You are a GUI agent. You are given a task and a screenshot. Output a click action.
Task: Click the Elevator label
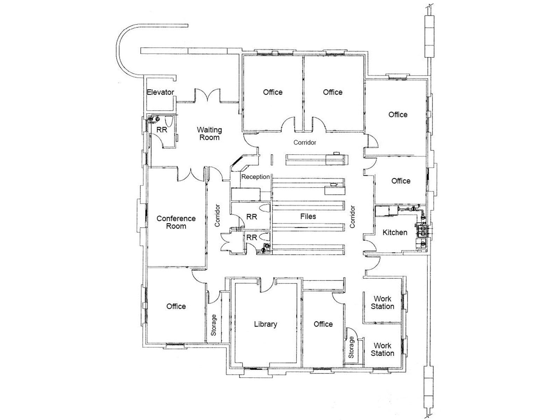[x=160, y=92]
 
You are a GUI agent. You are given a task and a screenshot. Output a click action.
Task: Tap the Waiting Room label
[x=209, y=134]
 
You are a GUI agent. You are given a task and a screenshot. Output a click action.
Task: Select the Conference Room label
[x=176, y=222]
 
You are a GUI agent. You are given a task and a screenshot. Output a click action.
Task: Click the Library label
[x=265, y=324]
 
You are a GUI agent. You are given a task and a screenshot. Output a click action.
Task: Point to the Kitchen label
[x=395, y=232]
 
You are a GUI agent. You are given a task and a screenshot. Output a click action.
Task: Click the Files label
[x=308, y=217]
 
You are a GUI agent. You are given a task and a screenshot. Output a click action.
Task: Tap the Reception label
[x=255, y=177]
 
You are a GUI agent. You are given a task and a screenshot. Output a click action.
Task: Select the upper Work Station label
[x=382, y=302]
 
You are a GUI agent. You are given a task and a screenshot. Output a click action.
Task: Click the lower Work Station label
[x=382, y=350]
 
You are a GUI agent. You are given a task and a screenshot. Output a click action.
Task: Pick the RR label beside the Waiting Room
[x=162, y=130]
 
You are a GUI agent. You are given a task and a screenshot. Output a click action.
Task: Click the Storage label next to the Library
[x=213, y=325]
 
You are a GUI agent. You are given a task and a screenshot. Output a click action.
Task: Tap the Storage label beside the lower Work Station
[x=351, y=347]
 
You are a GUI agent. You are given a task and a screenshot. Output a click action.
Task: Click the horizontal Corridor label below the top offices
[x=304, y=142]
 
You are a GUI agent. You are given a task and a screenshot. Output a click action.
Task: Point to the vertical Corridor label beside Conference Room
[x=217, y=216]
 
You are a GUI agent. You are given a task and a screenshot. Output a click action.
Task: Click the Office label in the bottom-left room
[x=176, y=307]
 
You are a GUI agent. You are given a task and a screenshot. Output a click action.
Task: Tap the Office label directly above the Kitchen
[x=401, y=181]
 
